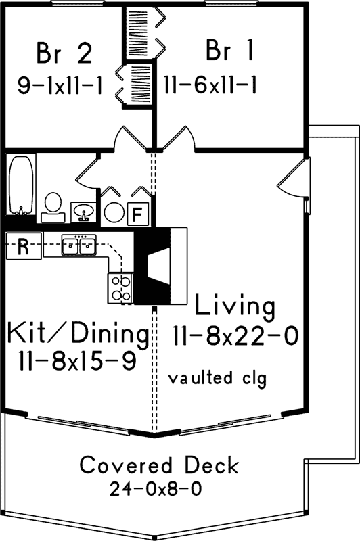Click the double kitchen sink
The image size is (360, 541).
(80, 245)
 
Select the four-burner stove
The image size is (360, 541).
(120, 287)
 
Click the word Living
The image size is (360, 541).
(235, 306)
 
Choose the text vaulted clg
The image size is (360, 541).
(218, 377)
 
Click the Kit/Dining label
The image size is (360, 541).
(78, 333)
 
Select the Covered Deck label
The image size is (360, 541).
(159, 465)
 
